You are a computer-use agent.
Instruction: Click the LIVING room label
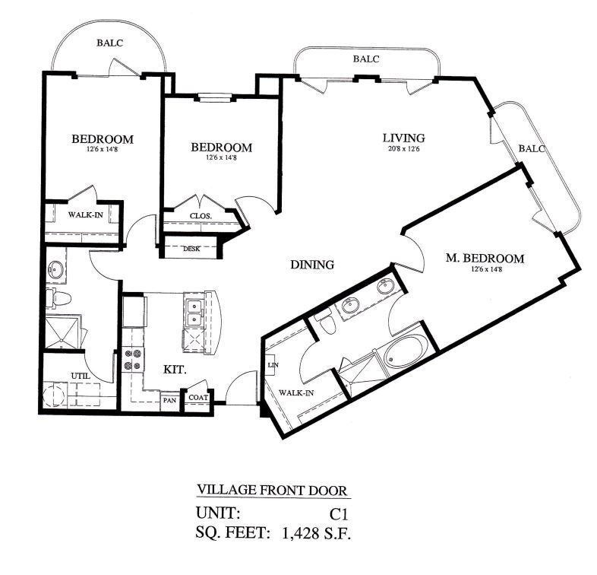point(403,138)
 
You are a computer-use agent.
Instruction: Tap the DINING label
point(312,265)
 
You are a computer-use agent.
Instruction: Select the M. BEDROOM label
point(485,259)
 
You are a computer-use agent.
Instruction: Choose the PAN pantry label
point(169,397)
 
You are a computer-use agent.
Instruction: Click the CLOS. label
point(201,215)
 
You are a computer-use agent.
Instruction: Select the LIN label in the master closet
point(271,365)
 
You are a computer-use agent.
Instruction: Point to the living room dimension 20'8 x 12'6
point(403,149)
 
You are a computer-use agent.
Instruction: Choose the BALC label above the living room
point(366,58)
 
